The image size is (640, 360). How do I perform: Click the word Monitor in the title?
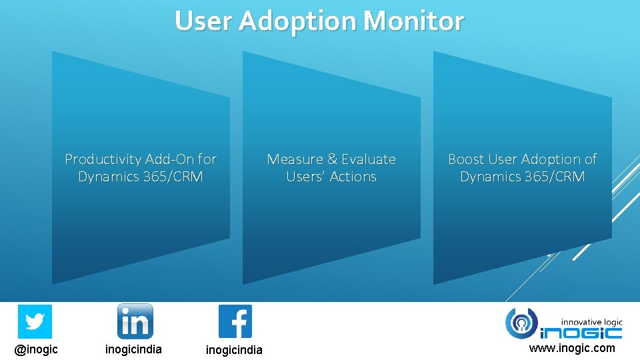[x=413, y=21]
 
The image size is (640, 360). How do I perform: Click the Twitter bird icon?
[x=35, y=321]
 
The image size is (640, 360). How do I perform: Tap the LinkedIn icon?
[x=135, y=321]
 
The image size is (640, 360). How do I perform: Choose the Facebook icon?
[x=235, y=321]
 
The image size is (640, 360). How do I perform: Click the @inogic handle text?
[x=37, y=349]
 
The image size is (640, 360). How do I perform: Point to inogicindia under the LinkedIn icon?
[x=133, y=349]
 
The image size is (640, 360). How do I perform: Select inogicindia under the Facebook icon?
[x=234, y=350]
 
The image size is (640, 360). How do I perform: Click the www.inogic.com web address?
[x=572, y=348]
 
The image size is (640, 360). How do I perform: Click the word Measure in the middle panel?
[x=295, y=159]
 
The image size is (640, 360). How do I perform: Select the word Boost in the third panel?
[x=466, y=159]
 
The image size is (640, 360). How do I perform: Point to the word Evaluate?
[x=369, y=159]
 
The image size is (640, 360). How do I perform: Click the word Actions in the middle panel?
[x=354, y=177]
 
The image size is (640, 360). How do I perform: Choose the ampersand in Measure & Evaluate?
[x=332, y=159]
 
